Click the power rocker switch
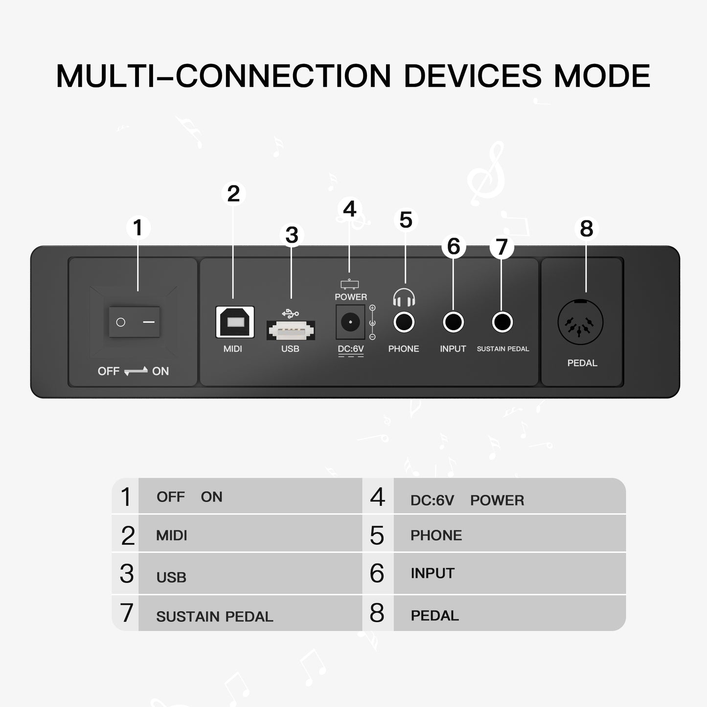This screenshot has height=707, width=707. tap(134, 322)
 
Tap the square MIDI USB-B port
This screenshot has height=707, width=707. tap(235, 322)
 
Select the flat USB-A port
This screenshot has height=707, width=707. tap(291, 330)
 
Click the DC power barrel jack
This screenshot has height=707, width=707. tap(350, 322)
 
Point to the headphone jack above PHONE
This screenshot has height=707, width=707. tap(404, 322)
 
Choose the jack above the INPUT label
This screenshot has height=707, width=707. tap(454, 322)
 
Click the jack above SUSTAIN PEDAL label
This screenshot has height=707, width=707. tap(502, 322)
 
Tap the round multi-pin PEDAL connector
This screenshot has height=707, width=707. tap(580, 322)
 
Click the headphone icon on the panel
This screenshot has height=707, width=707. tap(404, 297)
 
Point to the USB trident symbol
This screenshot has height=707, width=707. tap(290, 313)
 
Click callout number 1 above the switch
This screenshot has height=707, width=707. tap(138, 228)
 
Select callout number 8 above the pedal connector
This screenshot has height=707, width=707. tap(586, 228)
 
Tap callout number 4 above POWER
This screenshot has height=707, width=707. tap(350, 209)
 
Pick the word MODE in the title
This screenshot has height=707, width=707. tap(602, 76)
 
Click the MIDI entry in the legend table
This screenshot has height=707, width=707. tap(172, 536)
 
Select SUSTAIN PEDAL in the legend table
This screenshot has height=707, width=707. tap(215, 617)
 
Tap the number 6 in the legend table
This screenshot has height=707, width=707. tap(377, 573)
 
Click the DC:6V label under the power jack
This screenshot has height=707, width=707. tap(351, 349)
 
